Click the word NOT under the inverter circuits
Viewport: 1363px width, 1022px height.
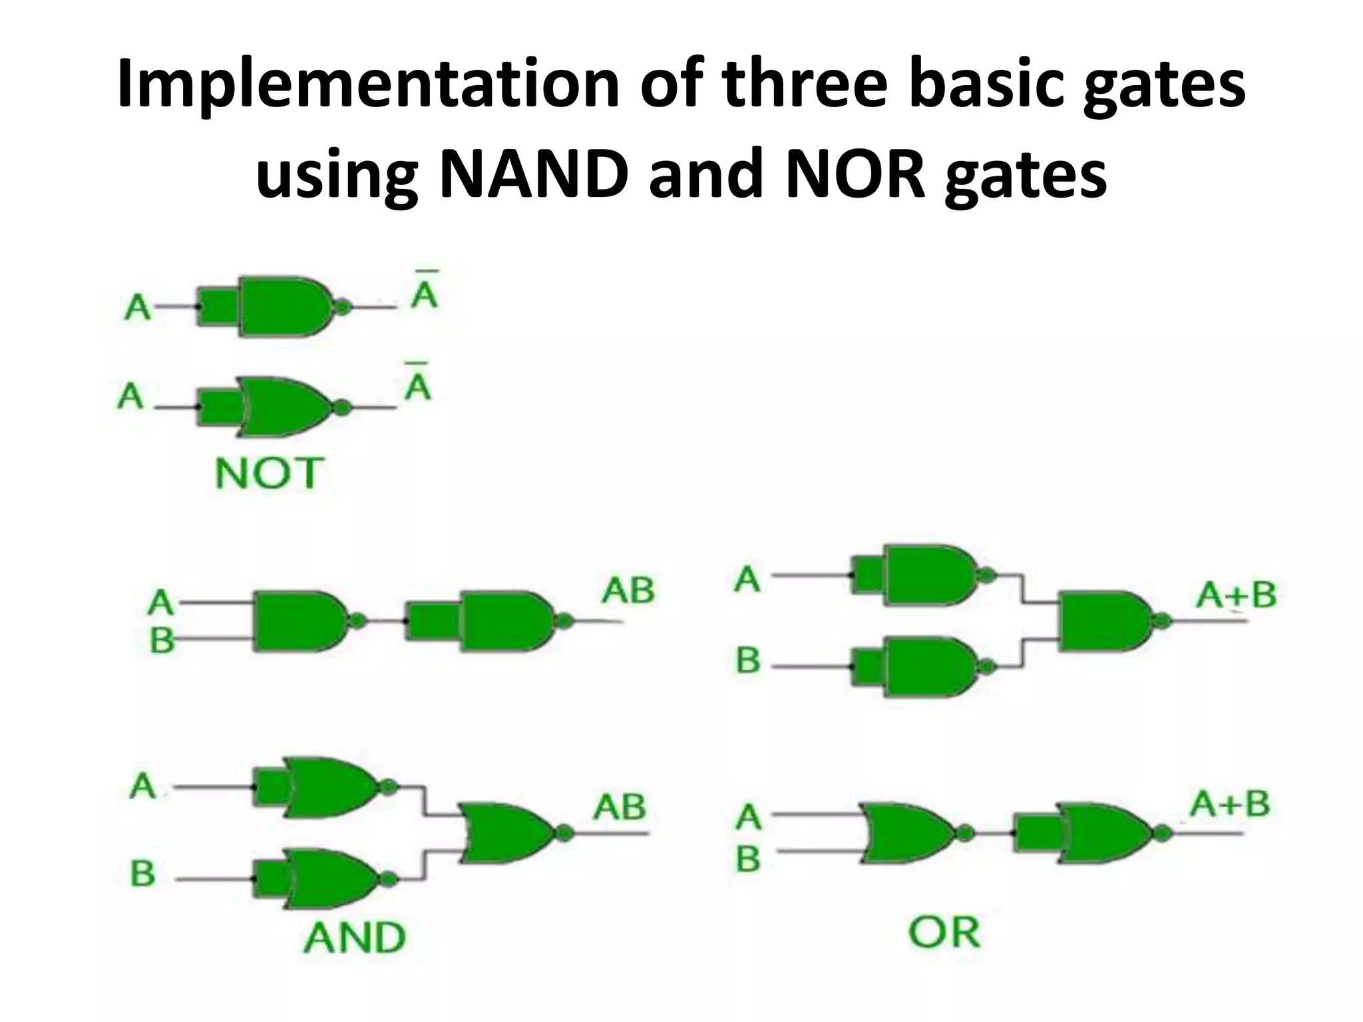[270, 473]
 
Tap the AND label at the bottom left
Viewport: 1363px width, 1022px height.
[354, 937]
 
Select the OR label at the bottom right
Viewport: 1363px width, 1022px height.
[944, 932]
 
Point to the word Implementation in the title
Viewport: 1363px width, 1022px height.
[368, 91]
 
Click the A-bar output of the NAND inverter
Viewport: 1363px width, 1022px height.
[425, 289]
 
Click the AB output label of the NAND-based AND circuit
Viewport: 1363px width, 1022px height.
[628, 591]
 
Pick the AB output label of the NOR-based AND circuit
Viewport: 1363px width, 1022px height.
[620, 806]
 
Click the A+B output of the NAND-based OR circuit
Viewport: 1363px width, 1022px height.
[1236, 594]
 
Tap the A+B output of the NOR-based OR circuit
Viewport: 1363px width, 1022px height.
[1230, 804]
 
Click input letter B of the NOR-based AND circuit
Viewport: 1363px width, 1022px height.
[143, 873]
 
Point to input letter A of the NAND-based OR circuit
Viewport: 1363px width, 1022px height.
[747, 579]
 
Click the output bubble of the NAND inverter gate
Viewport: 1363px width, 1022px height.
[342, 307]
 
